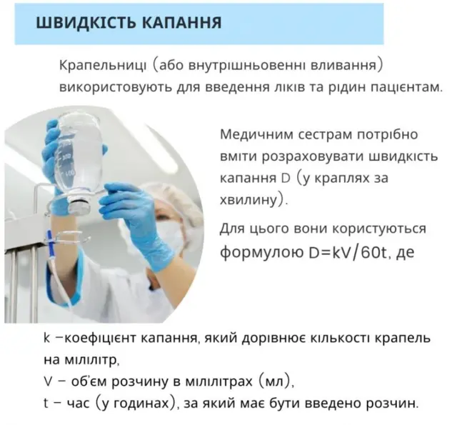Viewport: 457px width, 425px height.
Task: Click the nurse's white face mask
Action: click(169, 235)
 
